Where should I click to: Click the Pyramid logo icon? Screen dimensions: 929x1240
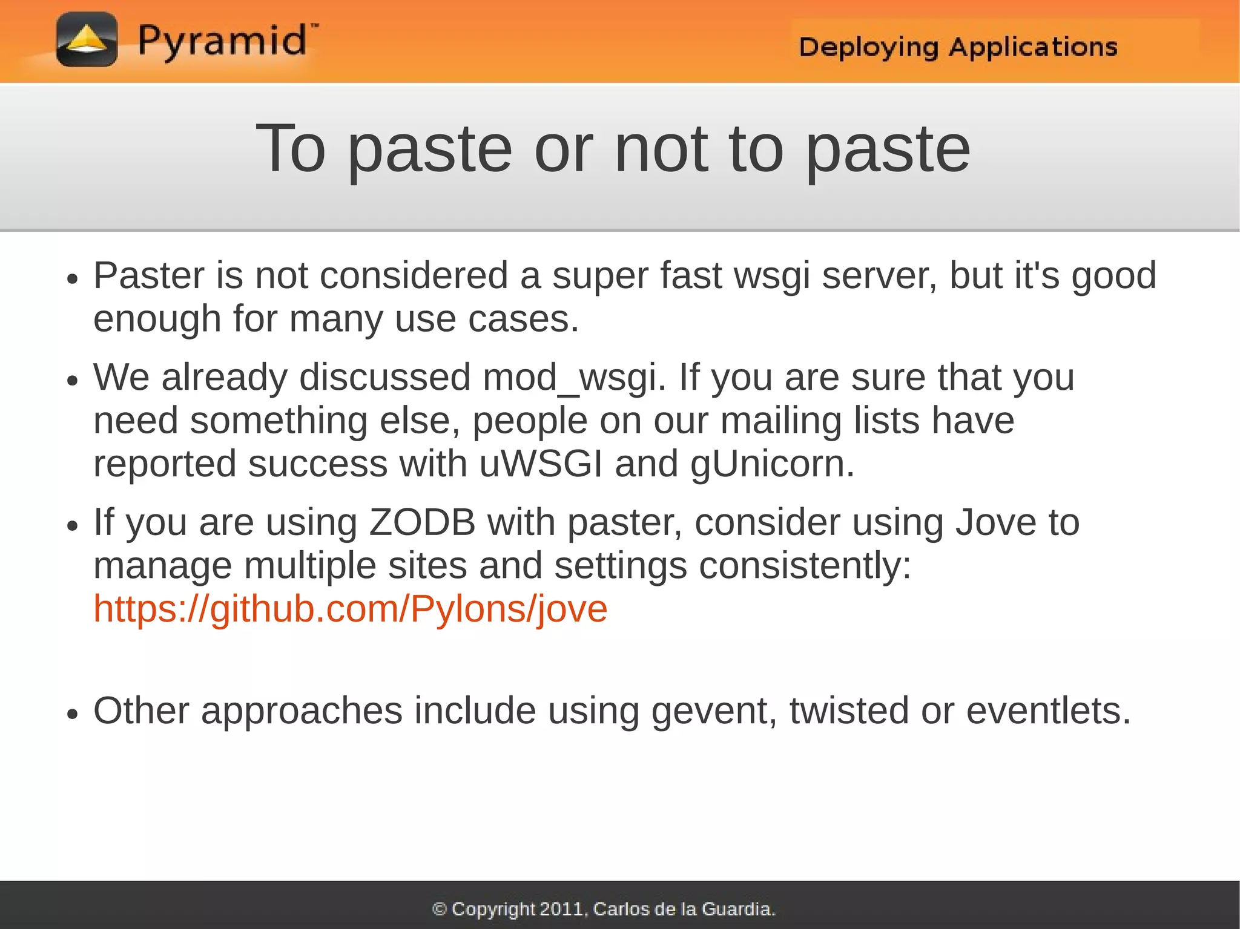(x=87, y=40)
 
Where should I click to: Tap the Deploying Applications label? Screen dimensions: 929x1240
(x=958, y=47)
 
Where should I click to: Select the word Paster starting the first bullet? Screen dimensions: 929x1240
(x=149, y=276)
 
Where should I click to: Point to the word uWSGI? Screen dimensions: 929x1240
(x=541, y=464)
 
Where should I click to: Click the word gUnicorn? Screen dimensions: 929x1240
(x=772, y=464)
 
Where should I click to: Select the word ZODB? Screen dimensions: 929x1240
(x=422, y=522)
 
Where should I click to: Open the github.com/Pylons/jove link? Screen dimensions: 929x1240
(x=350, y=609)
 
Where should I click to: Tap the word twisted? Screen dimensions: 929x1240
(x=849, y=711)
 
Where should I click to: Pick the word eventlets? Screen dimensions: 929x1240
(x=1047, y=711)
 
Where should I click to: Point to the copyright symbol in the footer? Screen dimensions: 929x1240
(x=440, y=909)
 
